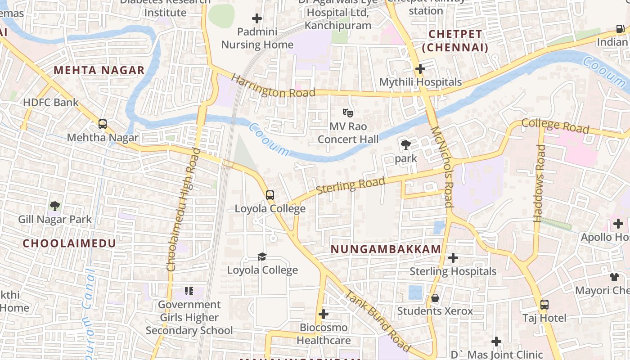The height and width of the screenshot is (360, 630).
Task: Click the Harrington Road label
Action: point(273,86)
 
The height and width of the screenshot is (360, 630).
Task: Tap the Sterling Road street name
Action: point(351,185)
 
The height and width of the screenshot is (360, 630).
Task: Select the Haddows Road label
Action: point(539,183)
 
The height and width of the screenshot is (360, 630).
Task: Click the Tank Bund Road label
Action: point(378,321)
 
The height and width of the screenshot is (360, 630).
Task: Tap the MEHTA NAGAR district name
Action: point(99,70)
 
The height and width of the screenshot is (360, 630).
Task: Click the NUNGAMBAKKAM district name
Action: point(386,249)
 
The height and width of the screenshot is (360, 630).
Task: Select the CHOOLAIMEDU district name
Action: point(69,243)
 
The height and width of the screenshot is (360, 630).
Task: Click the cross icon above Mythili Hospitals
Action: point(420,69)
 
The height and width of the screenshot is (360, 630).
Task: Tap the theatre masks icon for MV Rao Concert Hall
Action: point(348,112)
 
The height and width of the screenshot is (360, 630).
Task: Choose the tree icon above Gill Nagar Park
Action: point(55,206)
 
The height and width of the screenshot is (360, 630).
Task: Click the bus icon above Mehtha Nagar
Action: point(103,124)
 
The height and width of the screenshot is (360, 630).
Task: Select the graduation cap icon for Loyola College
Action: point(262,256)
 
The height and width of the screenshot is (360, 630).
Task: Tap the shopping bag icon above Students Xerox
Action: point(435,298)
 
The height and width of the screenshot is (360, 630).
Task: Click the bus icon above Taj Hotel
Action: point(544,305)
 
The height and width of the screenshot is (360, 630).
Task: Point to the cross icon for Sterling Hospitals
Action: point(453,258)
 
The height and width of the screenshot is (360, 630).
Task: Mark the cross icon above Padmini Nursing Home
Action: point(257,18)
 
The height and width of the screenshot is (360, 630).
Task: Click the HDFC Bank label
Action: point(50,102)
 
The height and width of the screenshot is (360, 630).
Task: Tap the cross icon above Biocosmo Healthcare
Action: point(323,314)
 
